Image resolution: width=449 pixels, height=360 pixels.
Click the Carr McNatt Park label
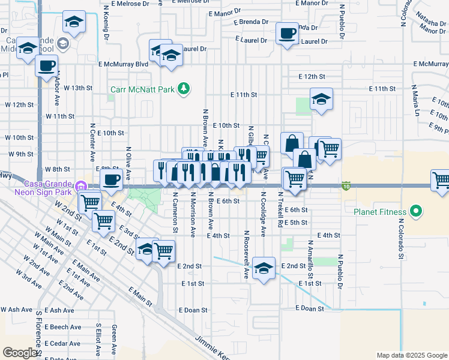point(142,90)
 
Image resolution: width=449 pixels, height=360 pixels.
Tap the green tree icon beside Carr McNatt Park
point(184,90)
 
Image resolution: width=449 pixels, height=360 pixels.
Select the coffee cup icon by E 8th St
point(112,179)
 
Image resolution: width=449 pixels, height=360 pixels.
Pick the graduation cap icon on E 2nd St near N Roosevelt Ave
point(264,268)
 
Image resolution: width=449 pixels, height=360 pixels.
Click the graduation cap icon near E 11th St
point(321,99)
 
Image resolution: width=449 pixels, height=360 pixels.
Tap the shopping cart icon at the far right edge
point(441,180)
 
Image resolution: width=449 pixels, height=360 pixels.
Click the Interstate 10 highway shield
point(346,186)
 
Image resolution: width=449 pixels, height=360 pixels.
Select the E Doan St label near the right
point(310,308)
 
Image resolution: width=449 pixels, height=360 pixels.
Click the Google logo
point(20,353)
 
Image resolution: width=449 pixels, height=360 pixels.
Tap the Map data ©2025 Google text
point(411,355)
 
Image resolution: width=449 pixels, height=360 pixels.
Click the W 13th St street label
point(78,88)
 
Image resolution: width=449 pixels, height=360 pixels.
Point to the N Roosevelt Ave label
point(246,254)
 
